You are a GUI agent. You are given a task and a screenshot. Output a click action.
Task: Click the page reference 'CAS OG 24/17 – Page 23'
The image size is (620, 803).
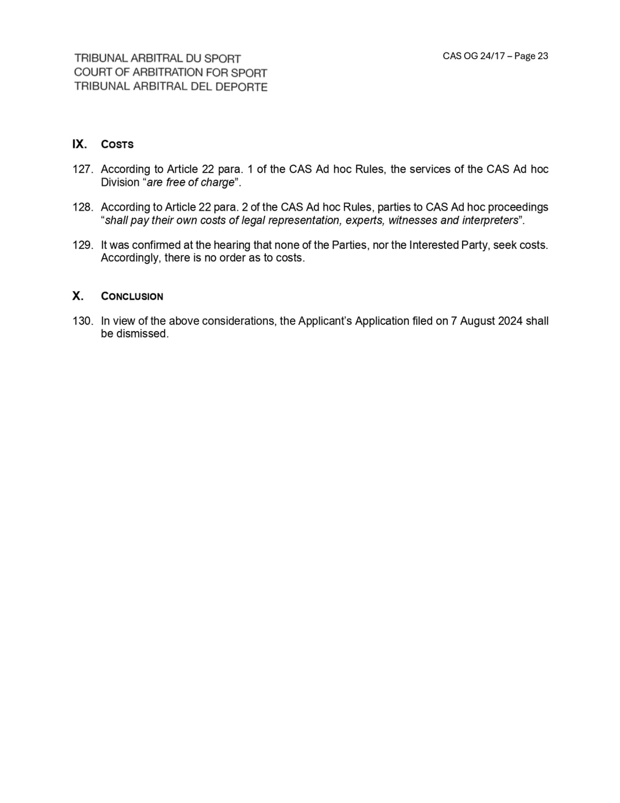tap(495, 56)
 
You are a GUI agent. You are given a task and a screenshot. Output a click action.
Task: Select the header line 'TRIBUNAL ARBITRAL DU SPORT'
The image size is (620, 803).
tap(157, 59)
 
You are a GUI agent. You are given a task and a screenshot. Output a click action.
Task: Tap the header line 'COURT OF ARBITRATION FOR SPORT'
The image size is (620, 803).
tap(170, 73)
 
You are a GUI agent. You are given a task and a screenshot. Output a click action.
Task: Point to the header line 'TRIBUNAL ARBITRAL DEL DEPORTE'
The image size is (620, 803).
tap(170, 87)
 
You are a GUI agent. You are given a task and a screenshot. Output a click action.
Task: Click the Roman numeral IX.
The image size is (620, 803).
tap(79, 144)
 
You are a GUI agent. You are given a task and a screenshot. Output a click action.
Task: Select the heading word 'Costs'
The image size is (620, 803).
tap(117, 144)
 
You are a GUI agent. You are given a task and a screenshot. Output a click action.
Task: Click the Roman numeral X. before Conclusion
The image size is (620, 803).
tap(77, 296)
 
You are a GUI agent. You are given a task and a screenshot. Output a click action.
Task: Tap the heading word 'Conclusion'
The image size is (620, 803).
tap(132, 297)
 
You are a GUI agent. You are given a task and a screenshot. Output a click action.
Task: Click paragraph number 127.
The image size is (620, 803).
tap(83, 169)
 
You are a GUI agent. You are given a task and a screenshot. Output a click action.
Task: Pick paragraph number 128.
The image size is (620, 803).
tap(83, 207)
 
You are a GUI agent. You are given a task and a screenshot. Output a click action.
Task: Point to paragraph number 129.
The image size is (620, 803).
tap(83, 245)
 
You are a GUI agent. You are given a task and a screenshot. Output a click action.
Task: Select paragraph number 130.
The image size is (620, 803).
tap(83, 321)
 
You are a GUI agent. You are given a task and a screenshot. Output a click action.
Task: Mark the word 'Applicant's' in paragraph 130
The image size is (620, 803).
tap(325, 321)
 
